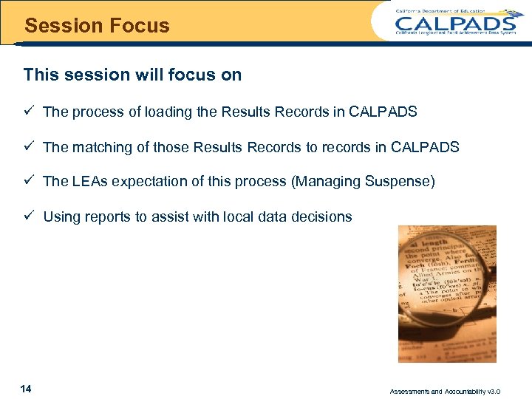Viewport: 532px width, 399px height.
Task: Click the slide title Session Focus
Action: tap(97, 26)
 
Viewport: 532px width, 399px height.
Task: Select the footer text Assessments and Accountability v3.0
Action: tap(455, 391)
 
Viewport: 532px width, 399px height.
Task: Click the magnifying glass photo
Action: tap(447, 293)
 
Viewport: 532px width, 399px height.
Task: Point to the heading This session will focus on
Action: tap(132, 75)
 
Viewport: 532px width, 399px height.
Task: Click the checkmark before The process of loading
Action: tap(29, 112)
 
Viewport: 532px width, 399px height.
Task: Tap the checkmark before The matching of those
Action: tap(29, 146)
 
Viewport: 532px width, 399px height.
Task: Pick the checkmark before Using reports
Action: tap(29, 216)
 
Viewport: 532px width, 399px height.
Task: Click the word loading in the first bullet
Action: tap(168, 112)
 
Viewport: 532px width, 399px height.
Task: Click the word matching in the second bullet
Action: tap(103, 147)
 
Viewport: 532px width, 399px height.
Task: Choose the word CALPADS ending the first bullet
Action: tap(383, 112)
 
